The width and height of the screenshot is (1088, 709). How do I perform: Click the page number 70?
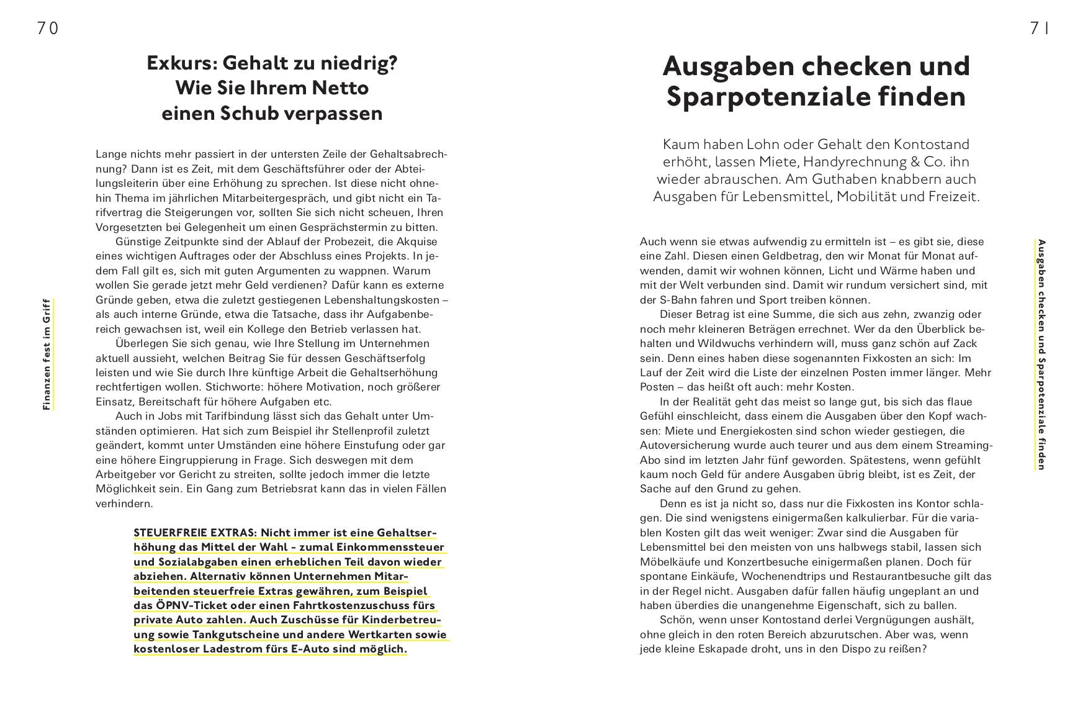click(48, 29)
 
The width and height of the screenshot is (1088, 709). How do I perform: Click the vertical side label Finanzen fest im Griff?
click(47, 354)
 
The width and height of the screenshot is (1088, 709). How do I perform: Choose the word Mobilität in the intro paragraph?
click(865, 197)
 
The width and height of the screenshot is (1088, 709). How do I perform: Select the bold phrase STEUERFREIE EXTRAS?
click(194, 533)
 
